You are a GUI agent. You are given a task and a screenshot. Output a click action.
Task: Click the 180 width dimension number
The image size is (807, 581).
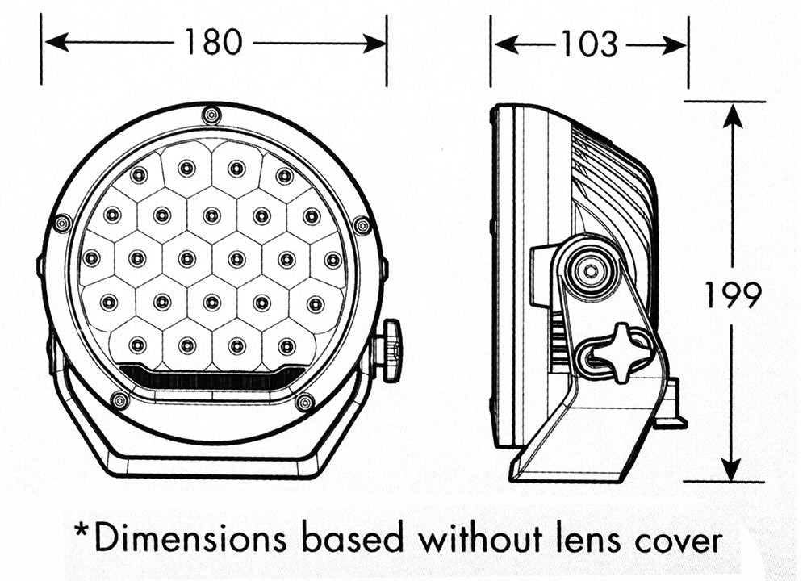pos(213,42)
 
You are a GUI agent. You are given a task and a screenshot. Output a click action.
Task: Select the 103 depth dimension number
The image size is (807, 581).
pos(589,44)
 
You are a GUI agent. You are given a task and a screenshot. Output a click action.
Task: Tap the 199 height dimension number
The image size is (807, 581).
pos(733,295)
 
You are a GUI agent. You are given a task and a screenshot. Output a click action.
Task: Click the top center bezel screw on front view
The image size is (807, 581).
pos(211,115)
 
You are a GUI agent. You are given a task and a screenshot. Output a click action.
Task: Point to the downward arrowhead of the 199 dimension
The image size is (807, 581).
pos(731,469)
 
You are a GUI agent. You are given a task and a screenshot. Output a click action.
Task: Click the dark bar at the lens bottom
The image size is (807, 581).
pos(212,376)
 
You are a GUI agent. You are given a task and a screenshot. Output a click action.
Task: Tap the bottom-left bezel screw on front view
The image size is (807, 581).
pos(120,399)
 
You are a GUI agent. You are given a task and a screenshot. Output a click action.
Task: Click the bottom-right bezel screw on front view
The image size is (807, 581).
pos(304,402)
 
